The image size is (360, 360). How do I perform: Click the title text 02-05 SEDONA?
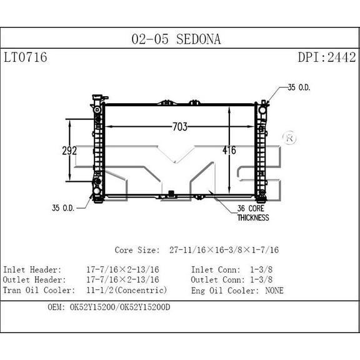tap(176, 40)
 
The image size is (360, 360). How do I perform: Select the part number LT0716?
tap(25, 58)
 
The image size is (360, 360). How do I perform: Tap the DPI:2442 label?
tap(326, 58)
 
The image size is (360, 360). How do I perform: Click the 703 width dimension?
tap(179, 127)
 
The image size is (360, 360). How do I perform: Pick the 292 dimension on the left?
tap(69, 151)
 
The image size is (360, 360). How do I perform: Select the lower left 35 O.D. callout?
tap(63, 207)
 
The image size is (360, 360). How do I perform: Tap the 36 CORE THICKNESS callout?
tap(252, 213)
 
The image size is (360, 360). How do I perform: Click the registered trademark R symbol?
tap(289, 137)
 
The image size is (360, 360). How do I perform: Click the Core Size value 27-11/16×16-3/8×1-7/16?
tap(224, 250)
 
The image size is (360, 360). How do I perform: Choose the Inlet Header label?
tap(32, 269)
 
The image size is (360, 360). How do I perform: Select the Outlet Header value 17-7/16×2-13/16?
tap(122, 280)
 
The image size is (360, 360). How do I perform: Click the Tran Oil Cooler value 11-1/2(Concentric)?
tap(126, 291)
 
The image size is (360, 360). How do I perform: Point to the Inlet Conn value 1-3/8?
tap(261, 269)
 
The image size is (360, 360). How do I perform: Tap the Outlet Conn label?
tap(217, 280)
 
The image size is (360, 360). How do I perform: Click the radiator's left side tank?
tap(97, 150)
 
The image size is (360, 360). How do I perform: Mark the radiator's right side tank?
tap(260, 150)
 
